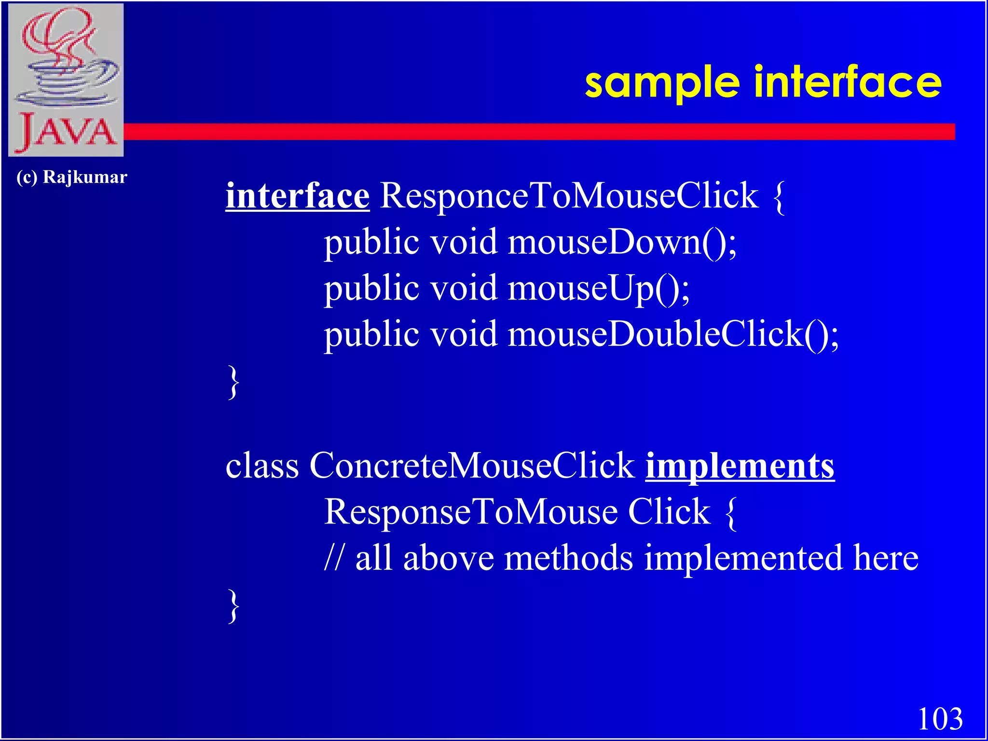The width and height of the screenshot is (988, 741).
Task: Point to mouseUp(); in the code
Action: tap(599, 288)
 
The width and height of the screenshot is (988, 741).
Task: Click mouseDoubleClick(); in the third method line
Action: tap(673, 334)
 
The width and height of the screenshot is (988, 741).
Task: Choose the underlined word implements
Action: tap(740, 466)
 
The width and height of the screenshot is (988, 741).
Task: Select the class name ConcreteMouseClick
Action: tap(472, 466)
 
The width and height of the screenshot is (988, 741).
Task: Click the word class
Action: tap(262, 466)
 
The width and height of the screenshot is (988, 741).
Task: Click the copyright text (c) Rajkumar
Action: tap(71, 177)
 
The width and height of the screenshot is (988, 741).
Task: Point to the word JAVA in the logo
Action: tap(66, 132)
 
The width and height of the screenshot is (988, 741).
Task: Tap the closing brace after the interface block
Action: tap(233, 382)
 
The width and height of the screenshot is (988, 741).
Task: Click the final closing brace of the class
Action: tap(233, 606)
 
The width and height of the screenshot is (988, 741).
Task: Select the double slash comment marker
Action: tap(334, 558)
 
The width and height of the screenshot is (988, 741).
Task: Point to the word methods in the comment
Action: tap(568, 558)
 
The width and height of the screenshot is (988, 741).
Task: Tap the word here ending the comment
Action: tap(886, 558)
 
